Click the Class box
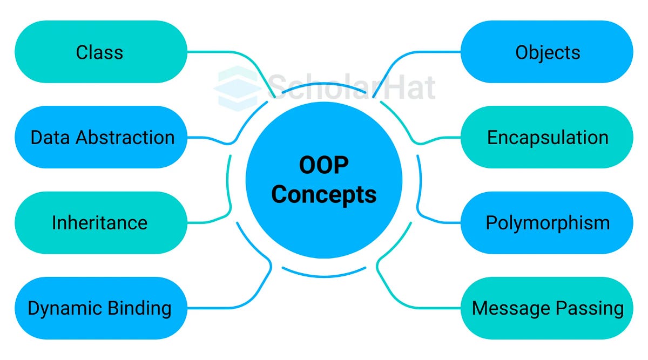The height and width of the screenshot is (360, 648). click(100, 52)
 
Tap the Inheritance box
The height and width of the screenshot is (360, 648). click(100, 222)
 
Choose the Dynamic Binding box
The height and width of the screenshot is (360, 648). click(100, 308)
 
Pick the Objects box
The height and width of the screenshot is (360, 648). click(546, 52)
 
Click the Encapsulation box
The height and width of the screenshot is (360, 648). click(546, 137)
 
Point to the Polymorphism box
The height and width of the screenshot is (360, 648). click(546, 222)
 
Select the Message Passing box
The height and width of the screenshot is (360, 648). click(546, 308)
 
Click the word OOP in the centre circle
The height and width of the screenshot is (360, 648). click(323, 166)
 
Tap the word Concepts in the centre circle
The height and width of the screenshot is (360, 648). click(323, 194)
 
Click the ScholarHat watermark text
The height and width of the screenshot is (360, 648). click(351, 86)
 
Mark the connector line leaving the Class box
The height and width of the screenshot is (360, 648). click(227, 52)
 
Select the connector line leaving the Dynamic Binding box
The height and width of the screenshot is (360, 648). click(216, 308)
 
